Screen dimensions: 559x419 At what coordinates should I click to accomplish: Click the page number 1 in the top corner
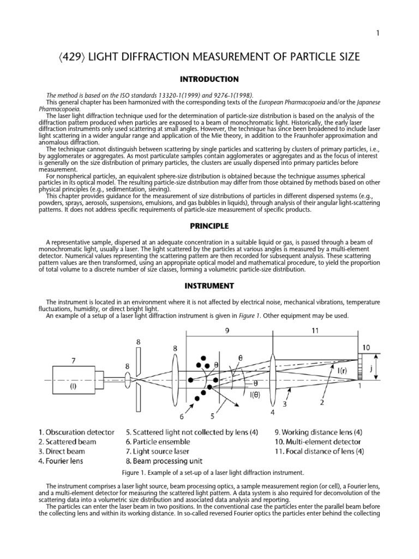coord(378,33)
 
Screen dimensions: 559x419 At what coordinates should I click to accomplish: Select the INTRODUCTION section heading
coord(209,79)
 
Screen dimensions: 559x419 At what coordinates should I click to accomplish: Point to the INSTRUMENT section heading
coord(209,286)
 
